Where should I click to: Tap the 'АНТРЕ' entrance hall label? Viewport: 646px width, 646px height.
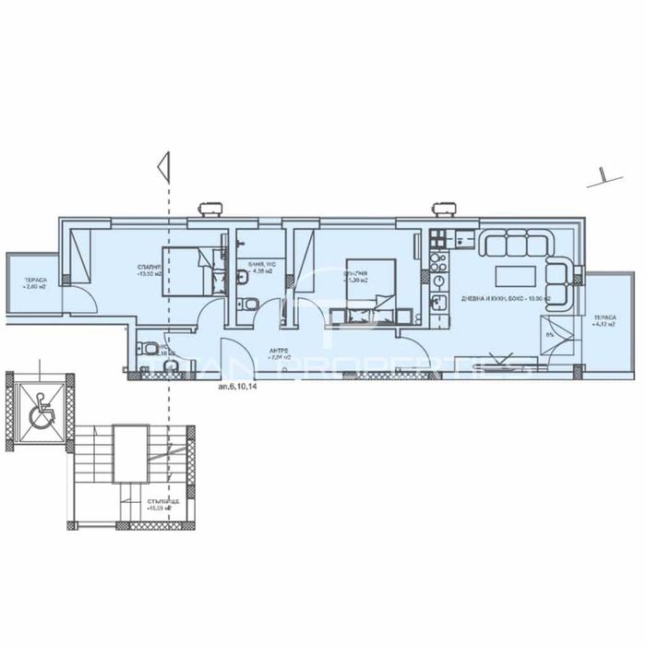point(281,354)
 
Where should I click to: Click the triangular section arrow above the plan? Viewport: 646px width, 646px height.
point(163,166)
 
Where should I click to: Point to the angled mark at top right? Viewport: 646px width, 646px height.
point(601,175)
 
